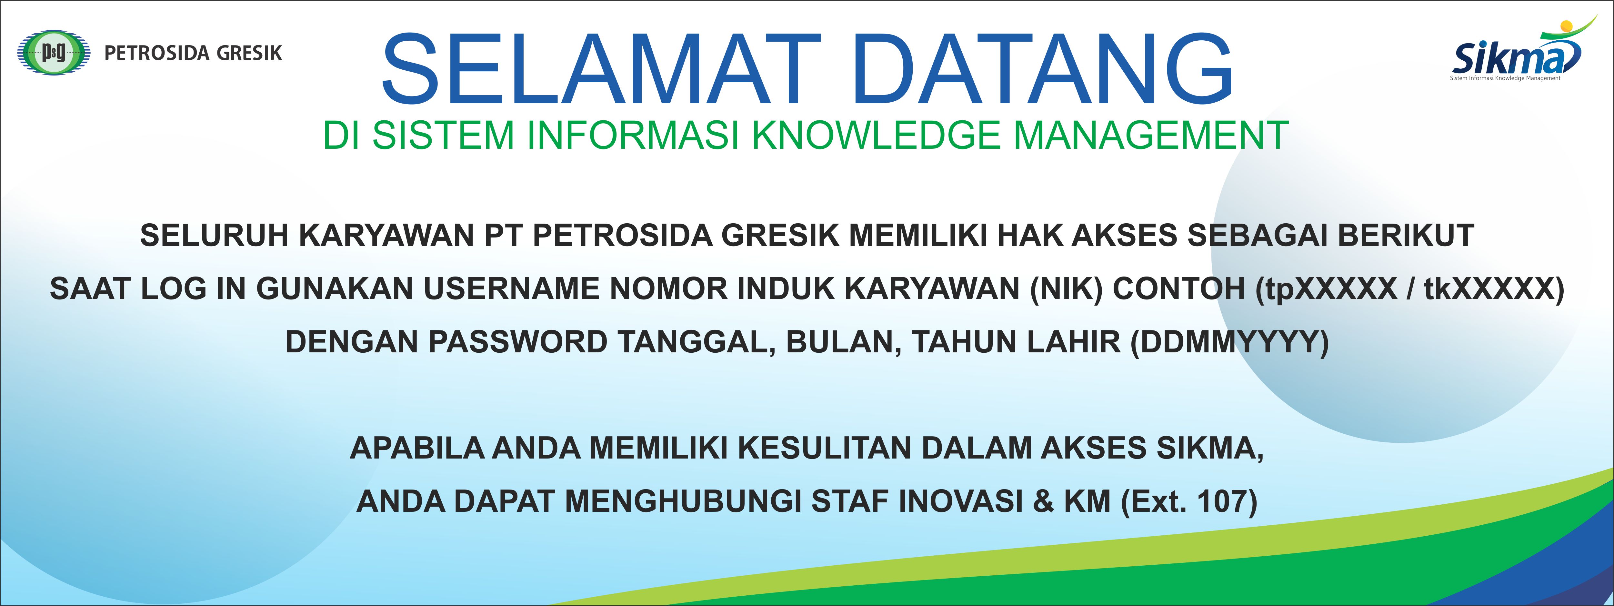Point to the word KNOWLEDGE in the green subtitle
tap(876, 135)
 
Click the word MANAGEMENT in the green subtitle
tap(1150, 135)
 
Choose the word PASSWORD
tap(517, 342)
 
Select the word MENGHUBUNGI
tap(684, 501)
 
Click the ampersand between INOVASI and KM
tap(1043, 501)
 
